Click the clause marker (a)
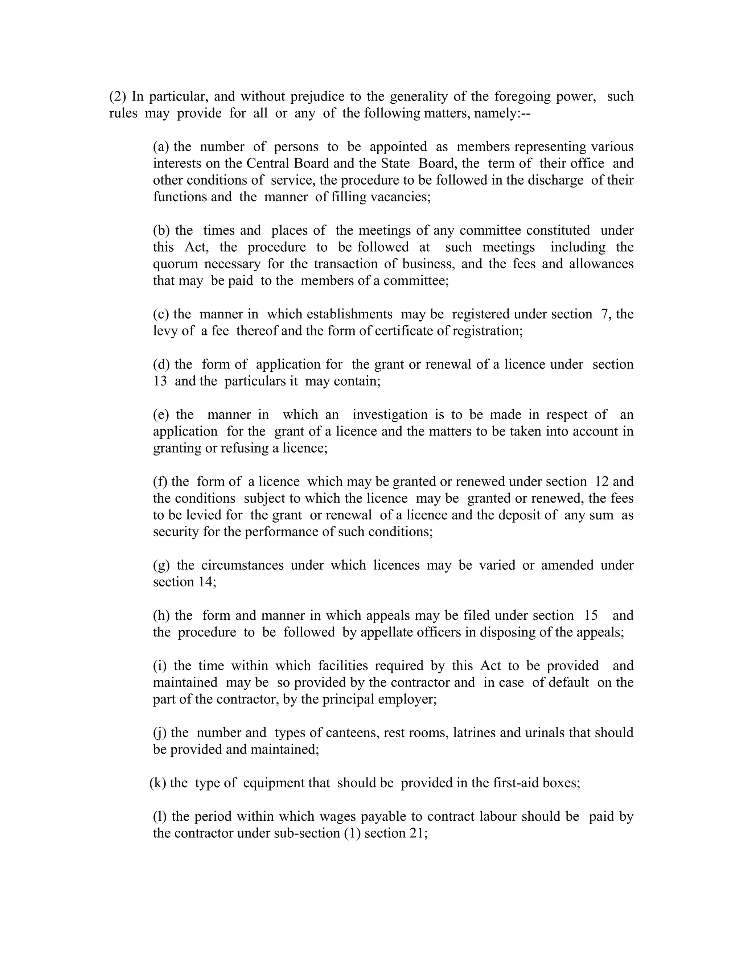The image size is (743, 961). pyautogui.click(x=161, y=147)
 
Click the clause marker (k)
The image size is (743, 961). pyautogui.click(x=157, y=783)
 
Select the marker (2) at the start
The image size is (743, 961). pyautogui.click(x=118, y=96)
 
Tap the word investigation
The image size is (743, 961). pyautogui.click(x=390, y=415)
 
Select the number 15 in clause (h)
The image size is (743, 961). pyautogui.click(x=591, y=616)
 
